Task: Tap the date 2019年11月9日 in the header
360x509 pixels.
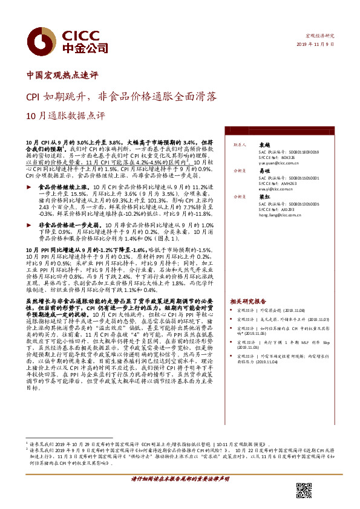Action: pyautogui.click(x=315, y=45)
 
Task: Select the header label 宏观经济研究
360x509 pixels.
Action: pyautogui.click(x=319, y=36)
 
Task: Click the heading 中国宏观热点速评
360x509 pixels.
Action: pyautogui.click(x=62, y=76)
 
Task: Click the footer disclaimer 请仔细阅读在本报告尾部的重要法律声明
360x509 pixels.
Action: pyautogui.click(x=180, y=478)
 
